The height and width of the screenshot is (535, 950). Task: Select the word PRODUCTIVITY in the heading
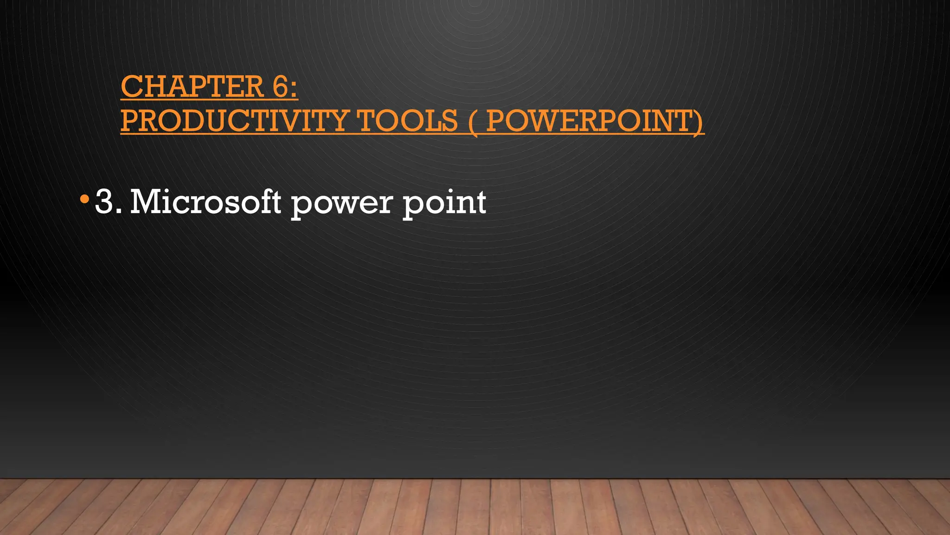(234, 121)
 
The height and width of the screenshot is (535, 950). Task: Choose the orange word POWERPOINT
(589, 121)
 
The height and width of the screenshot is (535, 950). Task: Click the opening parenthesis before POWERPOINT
(473, 122)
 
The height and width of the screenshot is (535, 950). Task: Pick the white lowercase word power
(341, 204)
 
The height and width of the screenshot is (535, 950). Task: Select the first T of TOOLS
(366, 121)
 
